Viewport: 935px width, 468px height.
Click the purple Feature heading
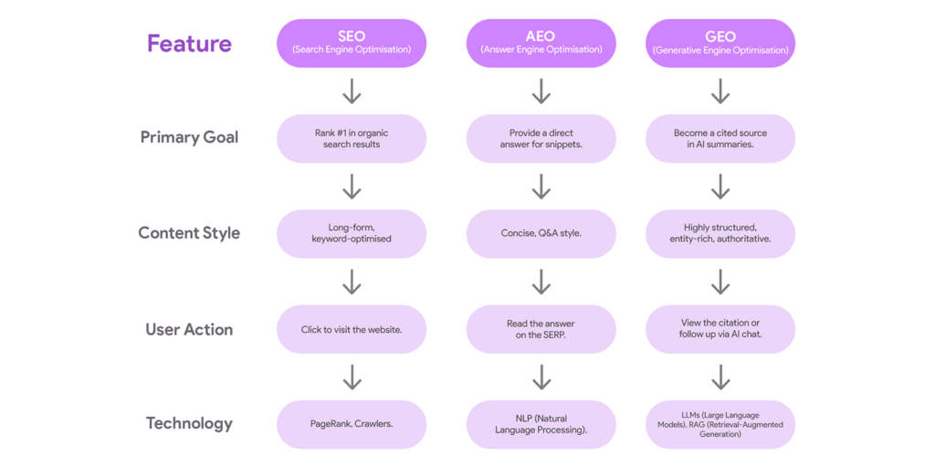coord(189,44)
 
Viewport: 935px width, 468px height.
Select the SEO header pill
coord(352,43)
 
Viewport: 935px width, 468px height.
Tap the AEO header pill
coord(541,43)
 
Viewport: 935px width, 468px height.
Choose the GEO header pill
coord(720,43)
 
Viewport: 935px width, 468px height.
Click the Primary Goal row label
coord(189,137)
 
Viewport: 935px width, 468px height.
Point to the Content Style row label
coord(189,232)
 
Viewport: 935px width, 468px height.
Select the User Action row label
coord(189,329)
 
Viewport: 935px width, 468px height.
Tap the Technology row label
coord(189,423)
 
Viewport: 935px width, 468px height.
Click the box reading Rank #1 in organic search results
coord(352,138)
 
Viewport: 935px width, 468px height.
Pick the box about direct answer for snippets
coord(541,138)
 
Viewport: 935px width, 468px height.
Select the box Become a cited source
coord(720,138)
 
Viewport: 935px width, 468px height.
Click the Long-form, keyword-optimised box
coord(352,233)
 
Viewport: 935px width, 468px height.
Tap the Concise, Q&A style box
coord(541,233)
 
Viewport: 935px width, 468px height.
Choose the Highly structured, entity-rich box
coord(720,233)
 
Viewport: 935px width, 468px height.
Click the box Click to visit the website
coord(352,329)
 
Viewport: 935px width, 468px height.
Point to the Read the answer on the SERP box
coord(541,329)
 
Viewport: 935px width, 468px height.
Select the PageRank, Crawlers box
coord(352,424)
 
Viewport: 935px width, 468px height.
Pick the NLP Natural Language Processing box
coord(541,424)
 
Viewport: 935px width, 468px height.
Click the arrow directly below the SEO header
coord(352,91)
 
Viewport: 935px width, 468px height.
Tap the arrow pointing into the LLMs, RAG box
coord(720,377)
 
